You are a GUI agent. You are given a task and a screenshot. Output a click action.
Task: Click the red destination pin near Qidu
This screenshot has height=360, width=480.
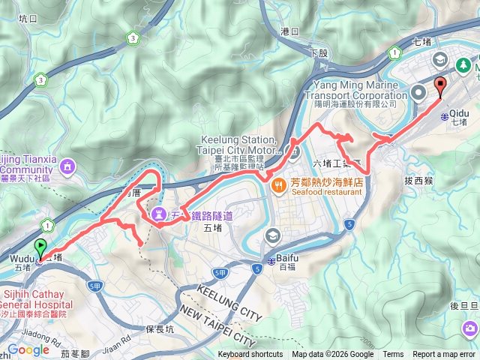pos(439,85)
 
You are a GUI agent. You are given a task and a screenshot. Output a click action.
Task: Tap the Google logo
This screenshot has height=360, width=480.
pos(28,349)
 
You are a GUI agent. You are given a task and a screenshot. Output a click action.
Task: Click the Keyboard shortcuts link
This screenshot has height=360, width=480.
pos(250,355)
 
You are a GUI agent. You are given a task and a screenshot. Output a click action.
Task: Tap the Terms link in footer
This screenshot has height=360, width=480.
pos(393,355)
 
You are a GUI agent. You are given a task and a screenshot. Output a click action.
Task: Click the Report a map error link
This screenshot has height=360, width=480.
pos(444,355)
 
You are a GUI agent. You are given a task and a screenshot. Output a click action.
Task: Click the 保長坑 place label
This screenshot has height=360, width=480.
pos(160,328)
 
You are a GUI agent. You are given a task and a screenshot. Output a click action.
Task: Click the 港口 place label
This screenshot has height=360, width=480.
pos(289,31)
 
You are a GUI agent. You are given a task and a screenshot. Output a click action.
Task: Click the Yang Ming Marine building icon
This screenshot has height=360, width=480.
pos(418,93)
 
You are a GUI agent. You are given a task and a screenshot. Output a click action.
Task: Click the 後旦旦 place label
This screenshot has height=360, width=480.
pos(463,305)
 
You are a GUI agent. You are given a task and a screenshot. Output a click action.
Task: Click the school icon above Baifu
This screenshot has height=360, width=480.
pos(272,236)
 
